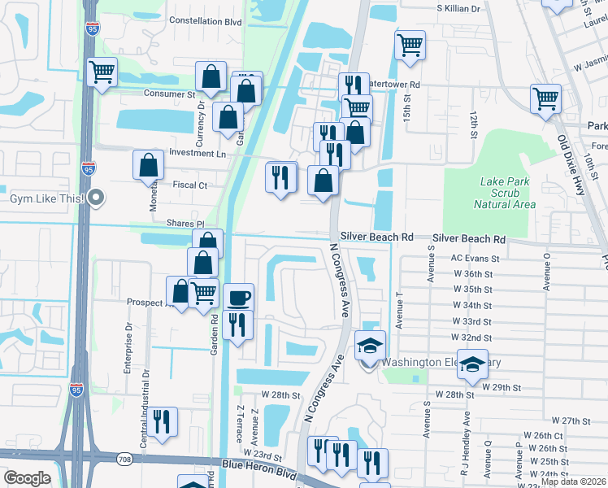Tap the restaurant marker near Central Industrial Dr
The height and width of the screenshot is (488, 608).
point(162,420)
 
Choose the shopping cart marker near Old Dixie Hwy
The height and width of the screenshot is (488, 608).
point(545,98)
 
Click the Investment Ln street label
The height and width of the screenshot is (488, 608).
point(197,153)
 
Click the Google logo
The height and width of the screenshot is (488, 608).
point(27,478)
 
